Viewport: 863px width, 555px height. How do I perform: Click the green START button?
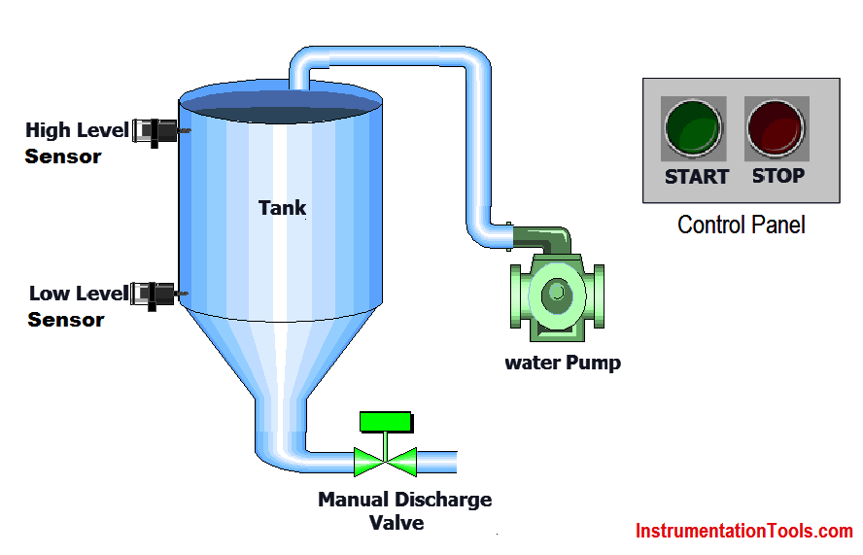693,127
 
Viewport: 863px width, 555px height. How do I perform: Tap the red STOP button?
777,127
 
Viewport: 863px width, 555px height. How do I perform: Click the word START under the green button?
696,177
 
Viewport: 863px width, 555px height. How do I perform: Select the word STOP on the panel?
778,176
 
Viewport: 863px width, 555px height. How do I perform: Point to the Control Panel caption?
741,225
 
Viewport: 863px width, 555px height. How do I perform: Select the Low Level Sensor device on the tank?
156,293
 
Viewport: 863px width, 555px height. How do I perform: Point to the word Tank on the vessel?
282,207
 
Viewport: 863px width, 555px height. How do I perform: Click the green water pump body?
556,295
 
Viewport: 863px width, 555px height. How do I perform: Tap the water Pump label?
562,364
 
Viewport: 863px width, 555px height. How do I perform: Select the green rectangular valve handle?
385,422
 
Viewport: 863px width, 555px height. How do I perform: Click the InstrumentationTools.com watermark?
743,532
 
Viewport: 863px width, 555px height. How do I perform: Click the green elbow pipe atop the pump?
544,237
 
